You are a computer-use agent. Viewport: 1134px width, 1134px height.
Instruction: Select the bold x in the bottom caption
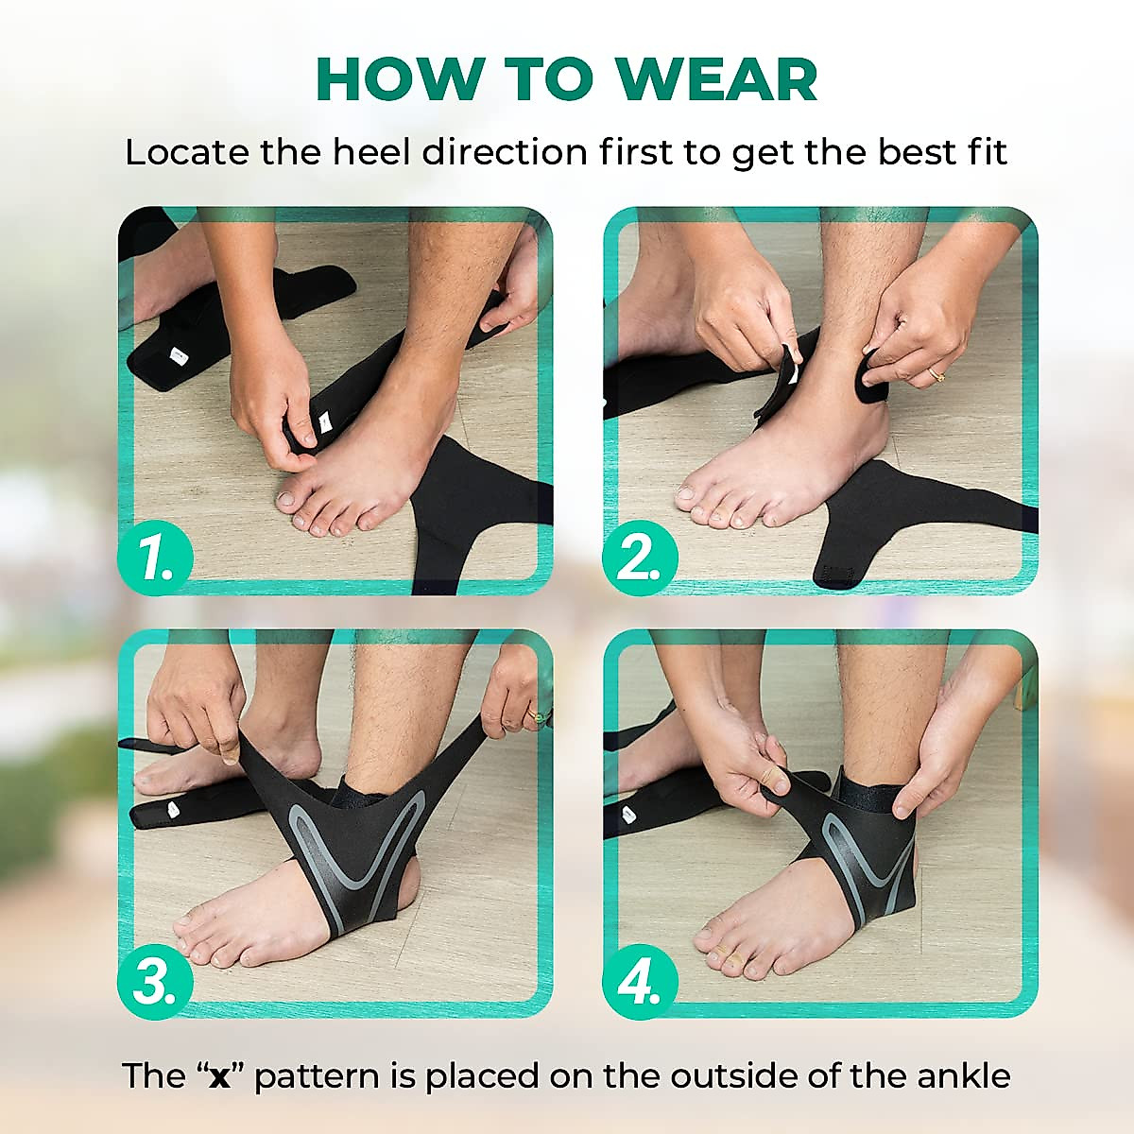click(220, 1076)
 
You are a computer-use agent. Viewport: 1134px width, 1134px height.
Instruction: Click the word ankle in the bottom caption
click(964, 1076)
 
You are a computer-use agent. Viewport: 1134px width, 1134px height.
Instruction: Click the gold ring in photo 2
click(936, 374)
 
